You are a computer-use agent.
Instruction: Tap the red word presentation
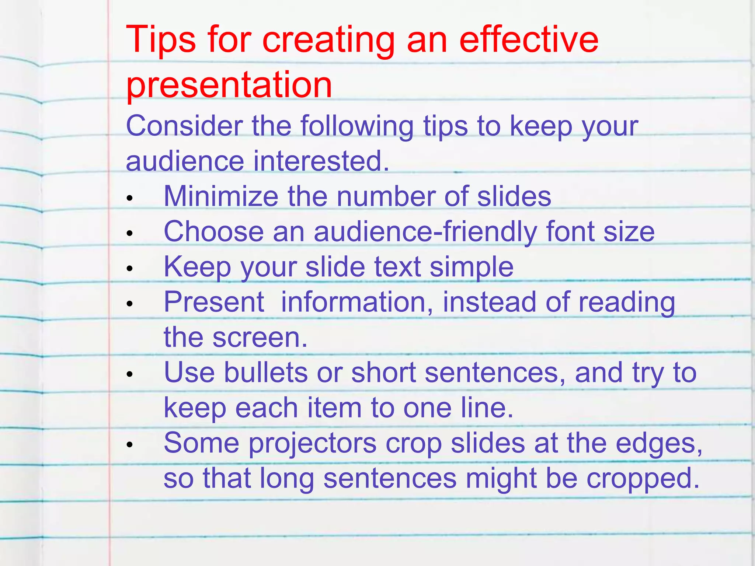(x=229, y=85)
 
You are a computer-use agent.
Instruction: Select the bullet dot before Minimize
(x=129, y=198)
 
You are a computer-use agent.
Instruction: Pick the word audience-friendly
(x=425, y=231)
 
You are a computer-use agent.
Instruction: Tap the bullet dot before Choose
(x=129, y=233)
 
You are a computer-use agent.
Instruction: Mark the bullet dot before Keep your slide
(x=129, y=269)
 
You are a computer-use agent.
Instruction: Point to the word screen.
(x=260, y=337)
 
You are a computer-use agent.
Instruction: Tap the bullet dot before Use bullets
(x=129, y=374)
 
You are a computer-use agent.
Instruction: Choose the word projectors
(x=312, y=443)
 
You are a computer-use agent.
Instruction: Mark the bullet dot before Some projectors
(x=129, y=445)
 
